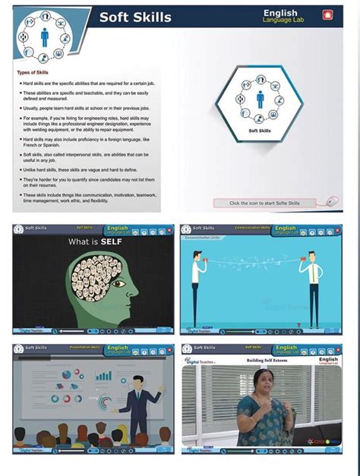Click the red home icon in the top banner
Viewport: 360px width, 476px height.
(327, 14)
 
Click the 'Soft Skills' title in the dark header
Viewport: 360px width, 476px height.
(135, 17)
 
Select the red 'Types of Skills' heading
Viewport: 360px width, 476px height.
(33, 73)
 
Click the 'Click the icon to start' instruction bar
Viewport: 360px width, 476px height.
(265, 203)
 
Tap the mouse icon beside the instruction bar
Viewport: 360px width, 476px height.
(332, 202)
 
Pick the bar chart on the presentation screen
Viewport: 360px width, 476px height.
(103, 376)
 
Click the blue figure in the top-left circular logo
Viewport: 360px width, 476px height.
(44, 35)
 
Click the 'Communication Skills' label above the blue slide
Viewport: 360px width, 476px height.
(251, 228)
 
